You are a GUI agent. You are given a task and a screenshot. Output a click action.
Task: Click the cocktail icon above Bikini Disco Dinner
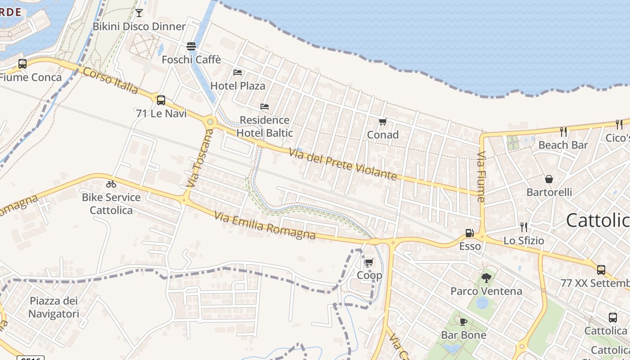(139, 13)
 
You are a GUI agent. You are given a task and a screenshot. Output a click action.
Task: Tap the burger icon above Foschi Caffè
(191, 46)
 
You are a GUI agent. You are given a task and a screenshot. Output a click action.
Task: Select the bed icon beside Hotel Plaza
(238, 72)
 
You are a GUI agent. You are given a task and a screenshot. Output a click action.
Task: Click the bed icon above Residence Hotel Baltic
(265, 107)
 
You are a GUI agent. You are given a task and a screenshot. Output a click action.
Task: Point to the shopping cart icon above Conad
(383, 121)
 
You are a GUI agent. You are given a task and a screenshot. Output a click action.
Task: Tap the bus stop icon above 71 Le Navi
(161, 100)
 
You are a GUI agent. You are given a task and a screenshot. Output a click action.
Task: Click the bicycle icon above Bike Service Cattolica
(111, 184)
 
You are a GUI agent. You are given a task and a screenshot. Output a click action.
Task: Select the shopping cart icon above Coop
(369, 262)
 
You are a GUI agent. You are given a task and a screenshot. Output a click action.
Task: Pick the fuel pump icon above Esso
(469, 233)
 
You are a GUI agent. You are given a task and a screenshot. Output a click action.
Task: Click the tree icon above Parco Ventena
(486, 278)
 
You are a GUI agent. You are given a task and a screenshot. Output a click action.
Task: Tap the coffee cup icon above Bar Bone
(463, 322)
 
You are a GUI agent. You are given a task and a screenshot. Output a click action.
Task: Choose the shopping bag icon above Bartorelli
(549, 179)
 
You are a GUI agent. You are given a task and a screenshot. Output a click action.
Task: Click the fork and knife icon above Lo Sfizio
(523, 227)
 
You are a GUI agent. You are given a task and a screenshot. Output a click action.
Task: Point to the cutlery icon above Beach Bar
(563, 131)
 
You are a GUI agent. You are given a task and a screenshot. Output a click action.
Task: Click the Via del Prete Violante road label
(343, 165)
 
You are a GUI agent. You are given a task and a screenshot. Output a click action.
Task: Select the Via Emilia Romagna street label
(265, 226)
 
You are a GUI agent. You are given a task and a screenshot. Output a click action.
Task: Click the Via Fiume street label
(481, 177)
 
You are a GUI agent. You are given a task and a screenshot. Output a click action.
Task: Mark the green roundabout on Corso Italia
(210, 121)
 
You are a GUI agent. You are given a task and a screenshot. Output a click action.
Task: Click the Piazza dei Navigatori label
(54, 307)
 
